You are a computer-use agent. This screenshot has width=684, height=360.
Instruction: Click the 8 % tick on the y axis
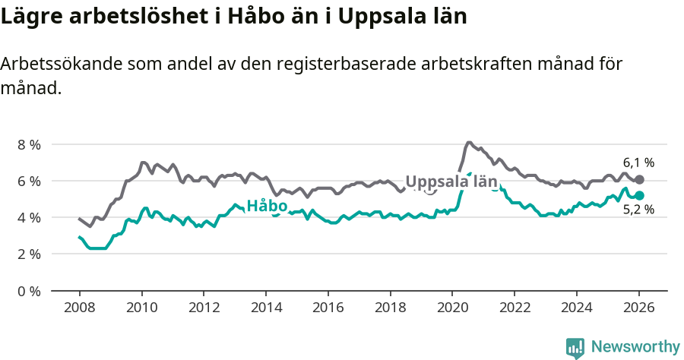pyautogui.click(x=28, y=144)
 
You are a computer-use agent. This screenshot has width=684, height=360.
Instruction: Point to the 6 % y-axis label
pyautogui.click(x=28, y=181)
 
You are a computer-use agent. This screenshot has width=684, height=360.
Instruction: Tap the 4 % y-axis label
pyautogui.click(x=28, y=217)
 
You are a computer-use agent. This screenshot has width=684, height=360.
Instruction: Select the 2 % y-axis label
pyautogui.click(x=28, y=254)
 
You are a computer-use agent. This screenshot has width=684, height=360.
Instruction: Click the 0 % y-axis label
pyautogui.click(x=28, y=290)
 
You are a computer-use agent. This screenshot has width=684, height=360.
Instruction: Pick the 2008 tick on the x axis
pyautogui.click(x=79, y=308)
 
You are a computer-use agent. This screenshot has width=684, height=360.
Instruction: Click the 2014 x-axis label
pyautogui.click(x=265, y=308)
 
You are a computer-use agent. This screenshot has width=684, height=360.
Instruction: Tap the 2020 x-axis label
pyautogui.click(x=452, y=308)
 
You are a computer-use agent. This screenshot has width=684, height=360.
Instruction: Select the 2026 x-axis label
pyautogui.click(x=638, y=308)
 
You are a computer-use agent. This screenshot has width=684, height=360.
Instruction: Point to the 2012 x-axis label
pyautogui.click(x=204, y=308)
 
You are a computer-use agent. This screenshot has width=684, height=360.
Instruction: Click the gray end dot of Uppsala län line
pyautogui.click(x=639, y=179)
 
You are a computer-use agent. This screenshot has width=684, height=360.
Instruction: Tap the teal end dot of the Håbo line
pyautogui.click(x=639, y=196)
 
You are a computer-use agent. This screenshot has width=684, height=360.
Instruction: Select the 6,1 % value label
pyautogui.click(x=638, y=163)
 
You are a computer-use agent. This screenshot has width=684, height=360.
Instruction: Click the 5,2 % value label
pyautogui.click(x=638, y=210)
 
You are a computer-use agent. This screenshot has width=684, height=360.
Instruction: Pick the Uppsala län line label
pyautogui.click(x=451, y=182)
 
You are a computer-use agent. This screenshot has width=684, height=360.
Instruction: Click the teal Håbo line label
pyautogui.click(x=267, y=206)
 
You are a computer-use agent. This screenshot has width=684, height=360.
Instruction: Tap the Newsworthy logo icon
pyautogui.click(x=575, y=348)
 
